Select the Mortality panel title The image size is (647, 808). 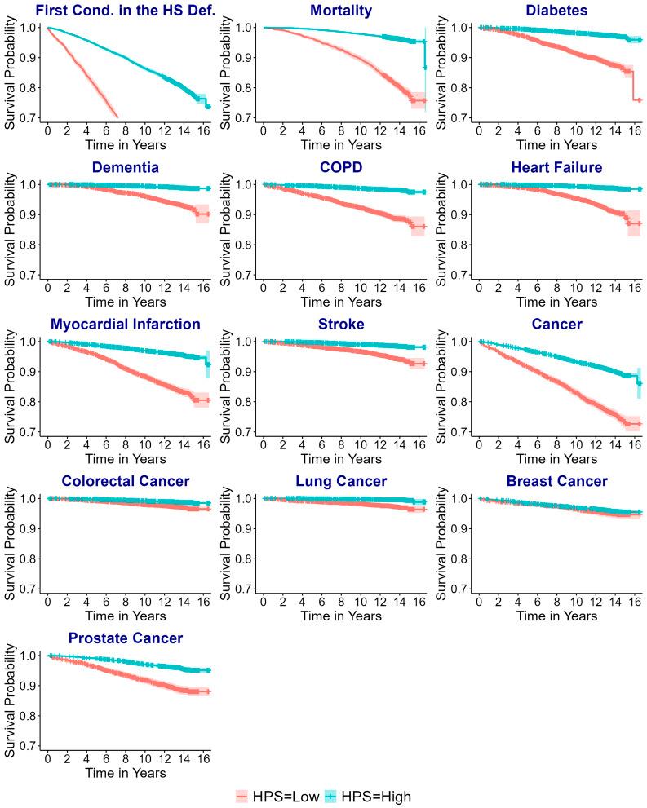pyautogui.click(x=342, y=11)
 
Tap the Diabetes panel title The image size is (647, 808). pyautogui.click(x=557, y=11)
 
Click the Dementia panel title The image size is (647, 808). pyautogui.click(x=125, y=167)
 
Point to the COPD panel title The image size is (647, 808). pyautogui.click(x=342, y=167)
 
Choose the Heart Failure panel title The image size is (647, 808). pyautogui.click(x=557, y=167)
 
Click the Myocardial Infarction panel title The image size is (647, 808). pyautogui.click(x=125, y=325)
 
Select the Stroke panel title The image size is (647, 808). pyautogui.click(x=342, y=325)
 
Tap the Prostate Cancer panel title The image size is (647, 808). pyautogui.click(x=125, y=638)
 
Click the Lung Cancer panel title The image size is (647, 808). pyautogui.click(x=342, y=481)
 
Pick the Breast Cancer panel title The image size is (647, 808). pyautogui.click(x=557, y=481)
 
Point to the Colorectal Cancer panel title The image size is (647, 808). pyautogui.click(x=125, y=481)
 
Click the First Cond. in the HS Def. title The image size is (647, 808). pyautogui.click(x=125, y=11)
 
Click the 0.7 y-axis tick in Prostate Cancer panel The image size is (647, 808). pyautogui.click(x=26, y=745)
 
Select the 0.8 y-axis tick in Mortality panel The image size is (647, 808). pyautogui.click(x=243, y=88)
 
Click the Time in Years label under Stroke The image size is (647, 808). pyautogui.click(x=342, y=459)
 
